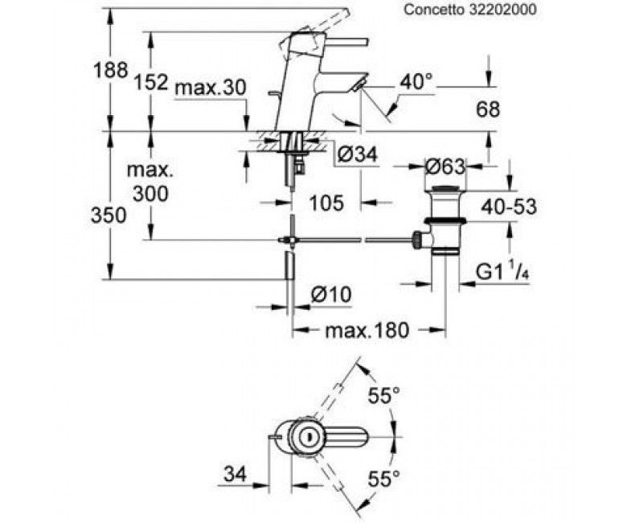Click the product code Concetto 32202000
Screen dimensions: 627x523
(x=470, y=10)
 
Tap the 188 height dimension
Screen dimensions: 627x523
(x=110, y=70)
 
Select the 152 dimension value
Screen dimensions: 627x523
(x=150, y=82)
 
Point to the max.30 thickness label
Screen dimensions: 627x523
(x=211, y=88)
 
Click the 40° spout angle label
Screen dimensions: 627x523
(x=416, y=82)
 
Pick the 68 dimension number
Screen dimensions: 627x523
(x=488, y=109)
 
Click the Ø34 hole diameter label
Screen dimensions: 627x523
(x=357, y=154)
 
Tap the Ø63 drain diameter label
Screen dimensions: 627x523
(x=445, y=167)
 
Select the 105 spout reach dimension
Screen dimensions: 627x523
(x=326, y=203)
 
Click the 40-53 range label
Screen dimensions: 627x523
(x=509, y=207)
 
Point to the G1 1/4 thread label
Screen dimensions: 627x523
(x=502, y=271)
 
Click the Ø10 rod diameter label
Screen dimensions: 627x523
(x=331, y=295)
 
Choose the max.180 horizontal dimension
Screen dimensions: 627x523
(x=367, y=331)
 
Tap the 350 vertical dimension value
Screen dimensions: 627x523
(x=109, y=216)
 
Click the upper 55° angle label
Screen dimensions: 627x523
(x=384, y=397)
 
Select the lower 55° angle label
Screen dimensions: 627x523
(x=384, y=479)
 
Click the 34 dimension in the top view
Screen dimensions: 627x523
(x=235, y=475)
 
